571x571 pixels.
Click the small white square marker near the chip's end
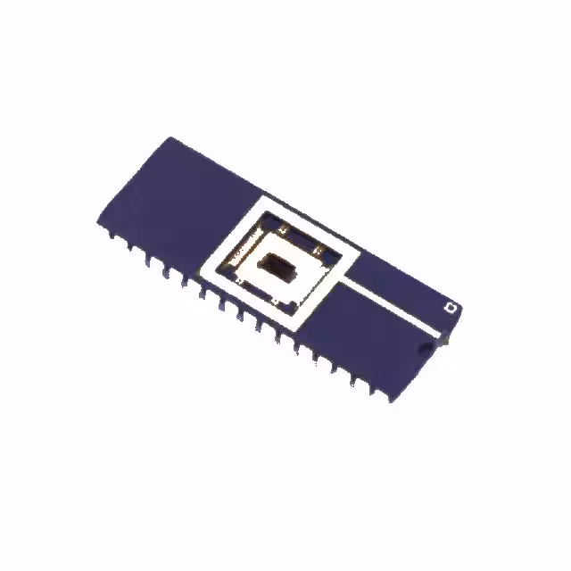pos(451,308)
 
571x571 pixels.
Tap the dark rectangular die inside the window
pos(276,266)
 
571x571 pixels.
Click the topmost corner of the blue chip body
pos(171,137)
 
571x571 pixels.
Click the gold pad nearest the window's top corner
pos(283,231)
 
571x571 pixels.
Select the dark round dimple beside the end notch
pos(425,345)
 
